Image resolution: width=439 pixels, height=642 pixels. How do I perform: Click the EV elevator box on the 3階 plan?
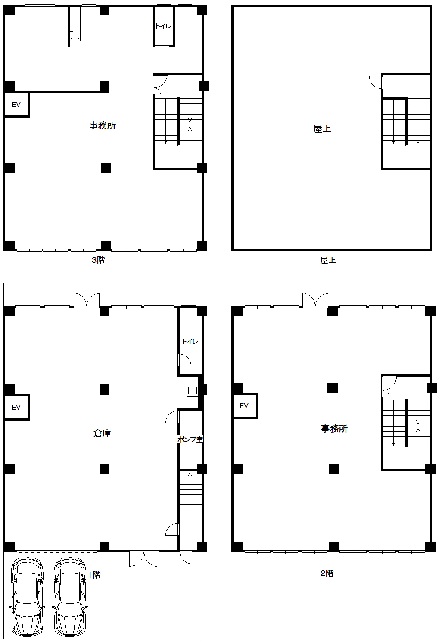pos(16,104)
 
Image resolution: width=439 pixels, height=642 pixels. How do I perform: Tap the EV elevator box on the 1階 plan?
pos(16,407)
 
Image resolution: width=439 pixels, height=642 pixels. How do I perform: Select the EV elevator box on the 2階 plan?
pos(244,405)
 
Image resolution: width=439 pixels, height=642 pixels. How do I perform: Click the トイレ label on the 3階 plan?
pos(163,26)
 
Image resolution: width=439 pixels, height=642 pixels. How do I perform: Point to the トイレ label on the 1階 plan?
pos(190,341)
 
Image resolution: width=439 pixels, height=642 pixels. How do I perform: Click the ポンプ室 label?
pos(190,439)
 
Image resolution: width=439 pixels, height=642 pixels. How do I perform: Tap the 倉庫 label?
pos(102,433)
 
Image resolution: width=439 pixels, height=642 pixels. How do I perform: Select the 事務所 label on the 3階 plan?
pos(102,125)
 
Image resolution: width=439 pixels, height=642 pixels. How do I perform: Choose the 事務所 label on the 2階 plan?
pos(334,428)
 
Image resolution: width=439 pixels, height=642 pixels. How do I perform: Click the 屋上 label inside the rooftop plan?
pos(322,129)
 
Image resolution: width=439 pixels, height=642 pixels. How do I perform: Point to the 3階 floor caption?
pos(98,260)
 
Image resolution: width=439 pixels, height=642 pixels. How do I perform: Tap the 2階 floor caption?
pos(327,573)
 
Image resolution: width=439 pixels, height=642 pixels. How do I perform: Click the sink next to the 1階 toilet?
pos(192,386)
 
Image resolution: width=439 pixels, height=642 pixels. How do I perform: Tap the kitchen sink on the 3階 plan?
pos(75,32)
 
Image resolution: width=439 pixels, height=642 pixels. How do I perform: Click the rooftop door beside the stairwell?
pos(376,82)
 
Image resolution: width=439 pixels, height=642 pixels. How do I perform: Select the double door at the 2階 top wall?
pos(315,300)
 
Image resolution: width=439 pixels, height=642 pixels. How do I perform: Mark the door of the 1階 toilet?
pos(184,360)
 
